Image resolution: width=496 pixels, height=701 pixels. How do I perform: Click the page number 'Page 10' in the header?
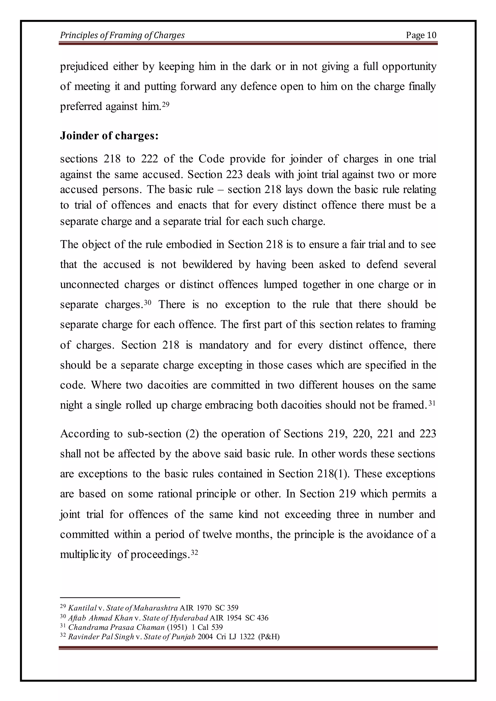click(421, 35)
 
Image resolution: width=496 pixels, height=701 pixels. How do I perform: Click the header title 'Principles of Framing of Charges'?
click(122, 35)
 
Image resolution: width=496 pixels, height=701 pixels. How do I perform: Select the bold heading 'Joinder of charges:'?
click(109, 136)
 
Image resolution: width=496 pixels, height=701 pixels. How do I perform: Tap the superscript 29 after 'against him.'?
click(166, 104)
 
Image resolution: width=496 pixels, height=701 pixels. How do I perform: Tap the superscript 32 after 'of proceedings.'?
click(194, 552)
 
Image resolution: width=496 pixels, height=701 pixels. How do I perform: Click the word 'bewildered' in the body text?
click(207, 264)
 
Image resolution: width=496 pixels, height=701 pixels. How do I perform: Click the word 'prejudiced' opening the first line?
click(84, 66)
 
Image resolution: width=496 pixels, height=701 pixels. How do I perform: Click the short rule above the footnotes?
click(120, 597)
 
